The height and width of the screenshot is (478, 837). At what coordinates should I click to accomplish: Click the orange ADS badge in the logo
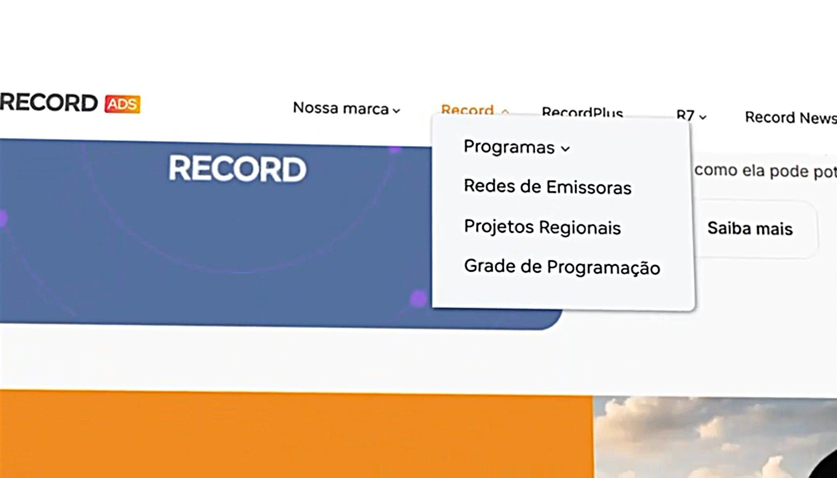pos(122,104)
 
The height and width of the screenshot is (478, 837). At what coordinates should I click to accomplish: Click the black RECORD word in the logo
pos(49,103)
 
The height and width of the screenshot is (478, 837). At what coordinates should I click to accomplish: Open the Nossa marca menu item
pos(341,108)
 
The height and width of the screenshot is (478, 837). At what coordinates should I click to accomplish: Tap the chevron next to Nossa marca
pos(396,111)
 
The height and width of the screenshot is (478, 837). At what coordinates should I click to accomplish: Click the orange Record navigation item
pos(467,110)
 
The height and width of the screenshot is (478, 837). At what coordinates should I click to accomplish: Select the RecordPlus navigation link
pos(582,112)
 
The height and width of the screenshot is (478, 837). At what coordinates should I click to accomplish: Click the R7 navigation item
pos(685,116)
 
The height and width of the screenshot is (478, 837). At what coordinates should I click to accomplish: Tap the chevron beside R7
pos(703,117)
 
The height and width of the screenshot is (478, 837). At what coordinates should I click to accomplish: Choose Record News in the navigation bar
pos(791,118)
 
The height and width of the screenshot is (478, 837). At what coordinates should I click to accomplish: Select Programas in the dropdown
pos(509,147)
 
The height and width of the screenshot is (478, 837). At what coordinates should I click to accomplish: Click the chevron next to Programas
pos(565,149)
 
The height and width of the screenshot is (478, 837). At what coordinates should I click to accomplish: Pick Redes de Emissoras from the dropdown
pos(547,187)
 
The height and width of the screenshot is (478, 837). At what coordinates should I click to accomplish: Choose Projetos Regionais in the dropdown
pos(542,227)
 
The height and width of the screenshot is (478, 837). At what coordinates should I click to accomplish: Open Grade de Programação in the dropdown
pos(562,267)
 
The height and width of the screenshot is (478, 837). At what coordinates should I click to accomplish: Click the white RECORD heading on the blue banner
pos(237,169)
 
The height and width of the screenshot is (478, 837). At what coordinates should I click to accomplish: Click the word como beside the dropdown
pos(715,170)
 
